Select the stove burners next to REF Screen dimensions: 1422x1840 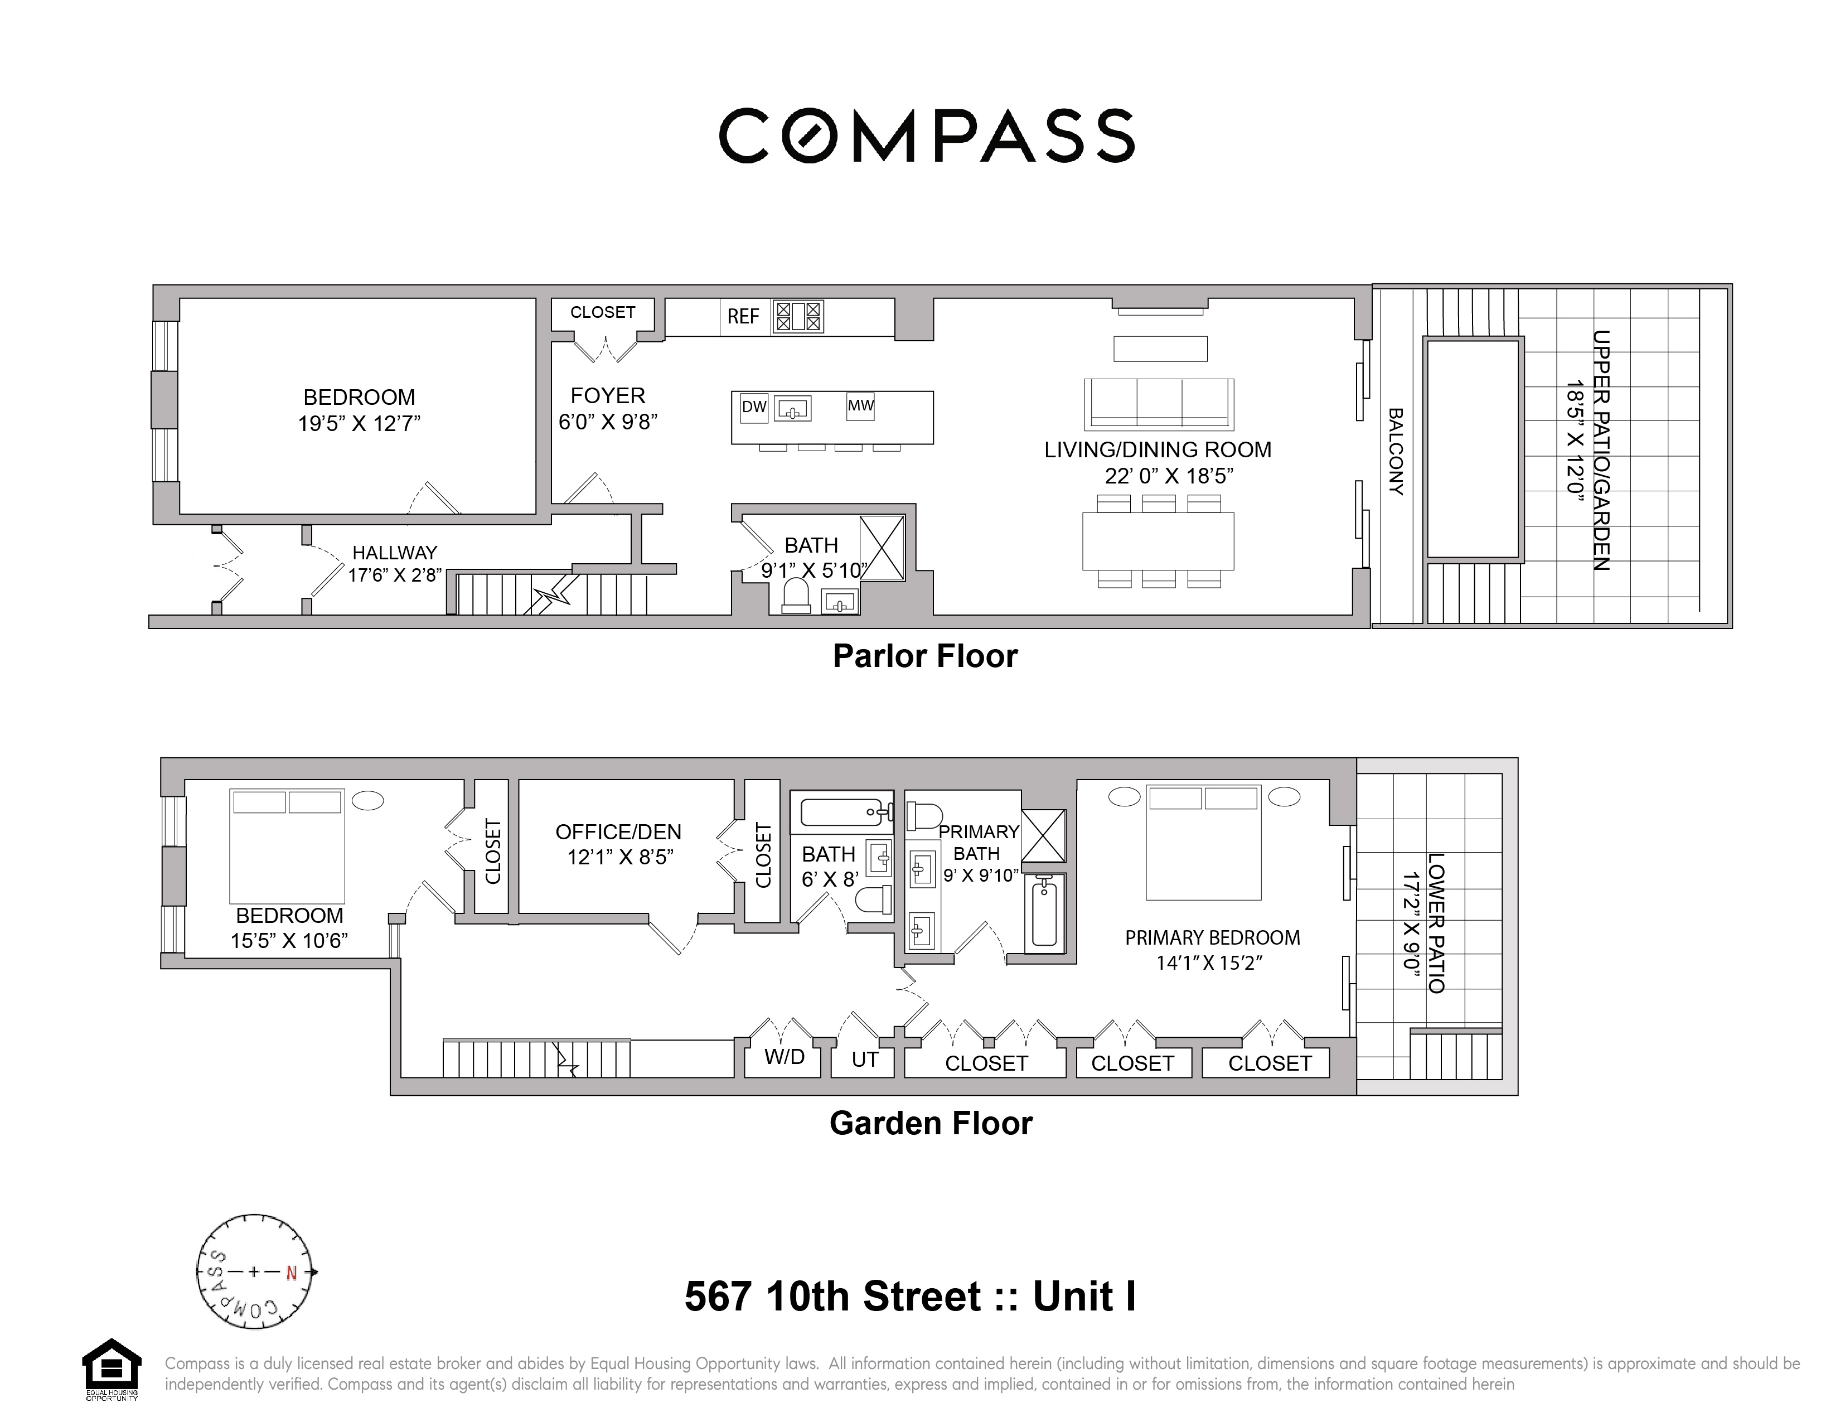point(798,317)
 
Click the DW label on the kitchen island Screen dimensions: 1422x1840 point(753,408)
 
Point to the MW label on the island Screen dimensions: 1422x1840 point(860,406)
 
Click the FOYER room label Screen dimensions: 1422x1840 point(607,396)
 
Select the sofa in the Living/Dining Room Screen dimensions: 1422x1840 point(1159,404)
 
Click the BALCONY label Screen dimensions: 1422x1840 point(1395,452)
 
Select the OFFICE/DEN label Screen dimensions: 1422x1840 point(618,833)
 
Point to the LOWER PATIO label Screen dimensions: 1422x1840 point(1436,923)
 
